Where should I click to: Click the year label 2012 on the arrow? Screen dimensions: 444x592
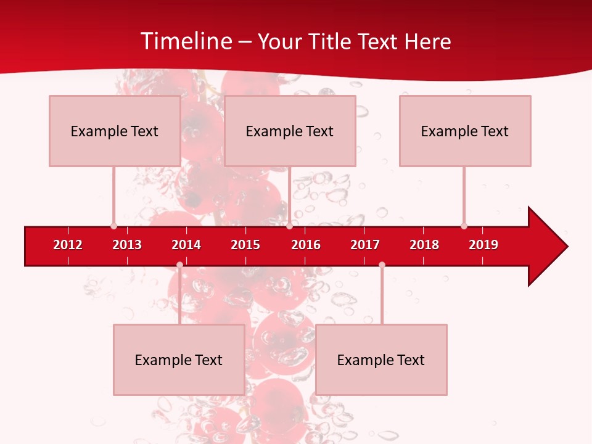68,245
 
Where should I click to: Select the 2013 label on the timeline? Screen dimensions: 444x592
127,245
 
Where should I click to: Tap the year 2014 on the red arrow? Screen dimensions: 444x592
186,245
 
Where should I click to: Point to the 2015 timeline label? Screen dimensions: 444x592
245,245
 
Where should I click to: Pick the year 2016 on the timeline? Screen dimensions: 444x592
306,245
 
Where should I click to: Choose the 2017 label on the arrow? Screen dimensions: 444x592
365,245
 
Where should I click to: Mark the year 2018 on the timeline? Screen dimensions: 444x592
424,245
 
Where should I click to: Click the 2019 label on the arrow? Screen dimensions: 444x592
483,245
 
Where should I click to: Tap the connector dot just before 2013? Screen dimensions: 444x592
113,226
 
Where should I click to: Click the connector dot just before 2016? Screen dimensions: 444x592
289,226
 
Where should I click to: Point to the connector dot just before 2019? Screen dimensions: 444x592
464,226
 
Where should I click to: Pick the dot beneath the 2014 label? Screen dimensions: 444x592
179,265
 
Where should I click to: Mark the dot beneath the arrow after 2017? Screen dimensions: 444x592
382,265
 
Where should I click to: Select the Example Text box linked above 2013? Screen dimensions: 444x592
115,131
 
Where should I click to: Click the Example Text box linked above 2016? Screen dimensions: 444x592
290,131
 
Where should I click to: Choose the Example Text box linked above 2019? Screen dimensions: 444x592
465,131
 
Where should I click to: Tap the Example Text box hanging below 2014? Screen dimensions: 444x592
179,360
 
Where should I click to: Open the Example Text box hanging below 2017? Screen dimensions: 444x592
381,360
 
